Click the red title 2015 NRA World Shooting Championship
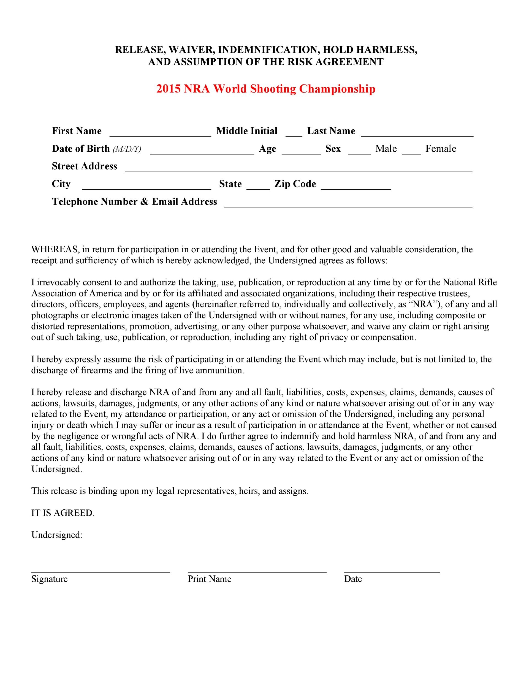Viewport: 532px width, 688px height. point(266,89)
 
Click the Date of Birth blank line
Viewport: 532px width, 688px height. point(202,151)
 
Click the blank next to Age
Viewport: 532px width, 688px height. point(301,151)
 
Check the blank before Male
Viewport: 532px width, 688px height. point(359,151)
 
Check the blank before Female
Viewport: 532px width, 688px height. point(411,151)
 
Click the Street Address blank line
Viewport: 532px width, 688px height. point(299,168)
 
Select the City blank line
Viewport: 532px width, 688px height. point(146,186)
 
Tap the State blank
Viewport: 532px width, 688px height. point(258,186)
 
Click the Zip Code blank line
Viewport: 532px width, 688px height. point(356,186)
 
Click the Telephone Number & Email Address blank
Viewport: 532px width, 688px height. point(348,203)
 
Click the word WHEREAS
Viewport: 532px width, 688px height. point(54,250)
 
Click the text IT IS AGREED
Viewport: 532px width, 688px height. point(63,513)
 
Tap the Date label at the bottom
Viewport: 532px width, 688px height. point(353,579)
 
